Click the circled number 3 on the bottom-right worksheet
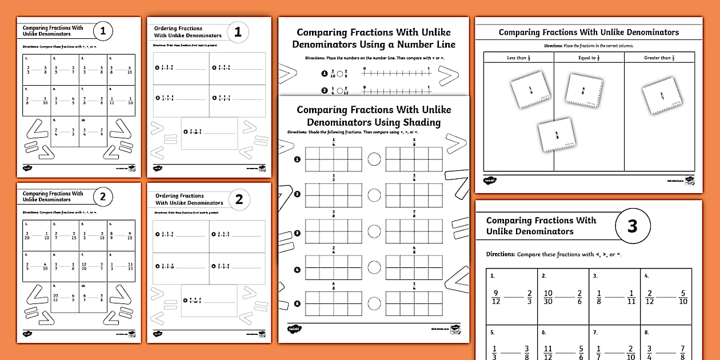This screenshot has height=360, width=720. (x=632, y=226)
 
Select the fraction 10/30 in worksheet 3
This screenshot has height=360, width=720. (x=547, y=297)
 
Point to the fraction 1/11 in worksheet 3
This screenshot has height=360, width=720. (x=631, y=297)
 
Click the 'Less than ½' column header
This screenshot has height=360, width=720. (x=519, y=58)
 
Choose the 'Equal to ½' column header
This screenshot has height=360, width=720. (x=589, y=58)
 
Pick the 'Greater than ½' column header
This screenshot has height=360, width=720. (x=659, y=58)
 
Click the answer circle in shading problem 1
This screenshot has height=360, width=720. (x=374, y=159)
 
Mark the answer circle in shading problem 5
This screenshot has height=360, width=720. (x=374, y=303)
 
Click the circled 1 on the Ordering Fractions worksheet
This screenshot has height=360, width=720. (x=238, y=32)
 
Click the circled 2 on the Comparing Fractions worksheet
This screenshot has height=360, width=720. (x=103, y=198)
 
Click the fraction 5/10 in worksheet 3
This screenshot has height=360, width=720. (x=682, y=297)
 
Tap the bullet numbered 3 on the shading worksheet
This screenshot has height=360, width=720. (x=297, y=233)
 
